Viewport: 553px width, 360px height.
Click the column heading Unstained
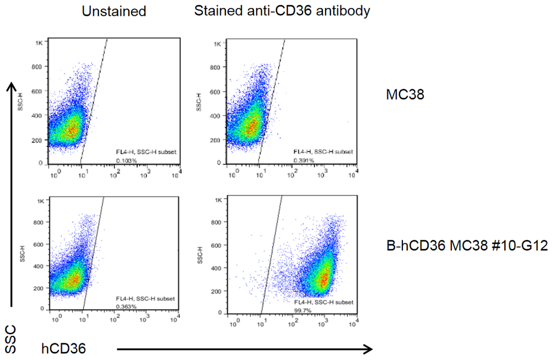click(114, 11)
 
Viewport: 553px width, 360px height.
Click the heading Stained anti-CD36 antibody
click(282, 11)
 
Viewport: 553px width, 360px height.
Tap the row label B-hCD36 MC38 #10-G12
click(467, 247)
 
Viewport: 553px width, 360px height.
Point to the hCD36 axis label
click(63, 349)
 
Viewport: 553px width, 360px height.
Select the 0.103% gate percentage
click(123, 160)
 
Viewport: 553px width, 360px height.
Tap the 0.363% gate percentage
click(124, 306)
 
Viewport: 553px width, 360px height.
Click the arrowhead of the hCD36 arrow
click(367, 349)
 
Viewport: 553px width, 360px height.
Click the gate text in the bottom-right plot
click(323, 303)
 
